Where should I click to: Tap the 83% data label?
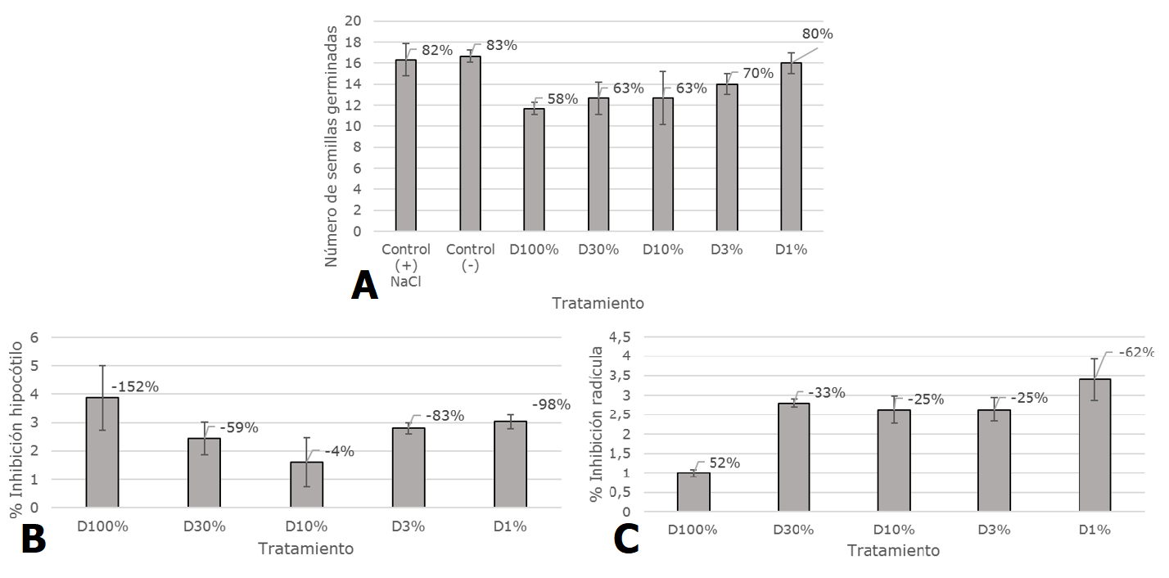pos(500,46)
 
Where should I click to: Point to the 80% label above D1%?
pos(817,34)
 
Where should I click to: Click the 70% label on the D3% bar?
pos(757,74)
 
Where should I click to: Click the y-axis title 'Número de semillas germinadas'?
pos(332,146)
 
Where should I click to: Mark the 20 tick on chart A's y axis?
pos(353,21)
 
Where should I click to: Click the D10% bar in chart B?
pos(307,485)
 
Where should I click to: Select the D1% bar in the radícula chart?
pos(1095,445)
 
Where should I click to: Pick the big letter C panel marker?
pos(626,541)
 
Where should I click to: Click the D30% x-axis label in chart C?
pos(793,530)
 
